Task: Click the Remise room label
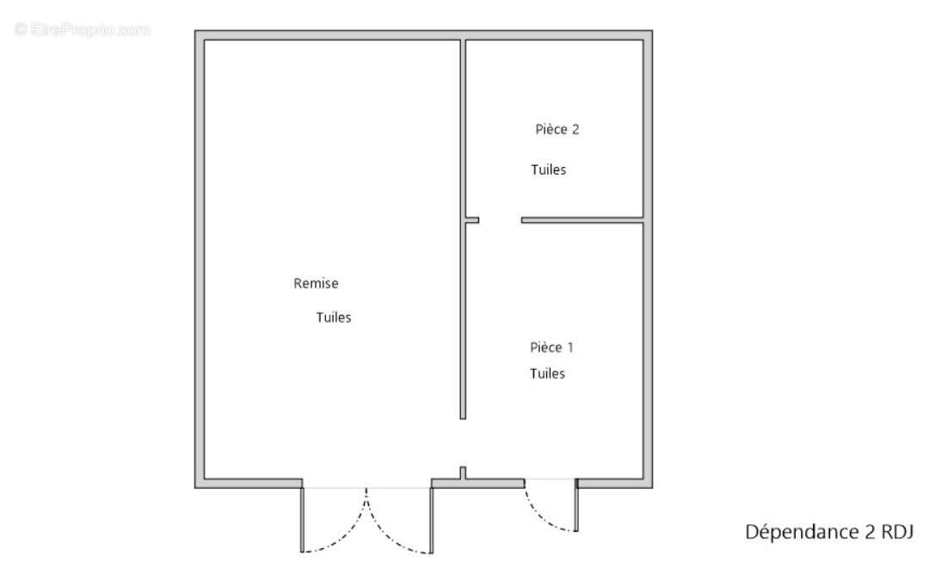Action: [x=316, y=283]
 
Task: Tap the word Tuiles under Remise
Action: [x=334, y=318]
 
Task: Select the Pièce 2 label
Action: [x=557, y=129]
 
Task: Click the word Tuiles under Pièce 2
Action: [x=549, y=170]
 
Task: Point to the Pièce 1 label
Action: [x=551, y=348]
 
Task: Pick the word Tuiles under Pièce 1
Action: [x=547, y=373]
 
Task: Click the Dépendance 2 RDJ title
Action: [x=829, y=532]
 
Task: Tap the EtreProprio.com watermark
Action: [x=82, y=29]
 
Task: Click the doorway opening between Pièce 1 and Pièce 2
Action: [x=500, y=220]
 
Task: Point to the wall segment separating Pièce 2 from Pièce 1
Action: [x=582, y=220]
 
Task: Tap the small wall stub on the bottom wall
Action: [x=463, y=473]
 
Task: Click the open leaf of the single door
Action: [x=576, y=505]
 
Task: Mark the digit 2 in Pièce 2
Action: [x=575, y=129]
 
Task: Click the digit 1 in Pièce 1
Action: [x=570, y=348]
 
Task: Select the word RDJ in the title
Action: [x=897, y=532]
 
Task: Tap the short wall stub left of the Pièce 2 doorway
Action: [x=472, y=220]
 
